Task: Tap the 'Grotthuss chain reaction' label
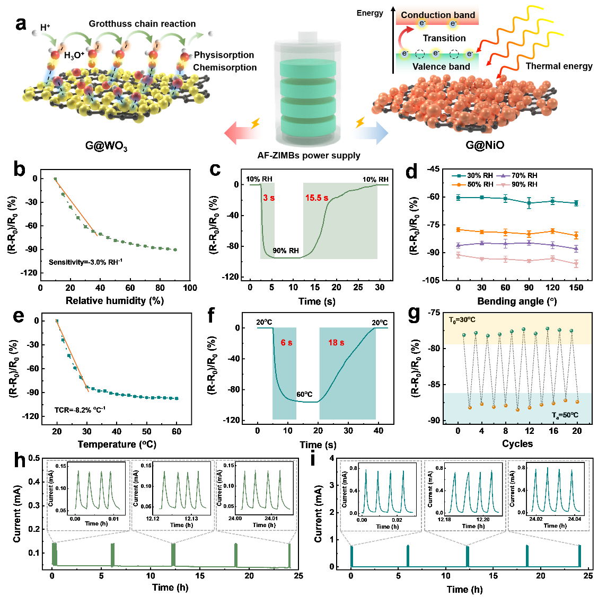tap(142, 24)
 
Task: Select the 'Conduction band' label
tap(438, 15)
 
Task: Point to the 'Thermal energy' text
tap(559, 66)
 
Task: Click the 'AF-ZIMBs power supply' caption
tap(309, 155)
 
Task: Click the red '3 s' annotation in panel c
tap(269, 198)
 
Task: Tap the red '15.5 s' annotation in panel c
tap(316, 198)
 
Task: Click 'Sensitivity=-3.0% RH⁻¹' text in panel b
tap(86, 262)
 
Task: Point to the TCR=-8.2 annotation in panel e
tap(80, 409)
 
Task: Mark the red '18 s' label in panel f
tap(336, 343)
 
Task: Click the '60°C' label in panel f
tap(304, 395)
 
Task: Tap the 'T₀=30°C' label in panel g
tap(462, 320)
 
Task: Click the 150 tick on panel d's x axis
tap(576, 288)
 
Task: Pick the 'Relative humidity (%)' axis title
tap(115, 301)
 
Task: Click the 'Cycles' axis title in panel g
tap(517, 443)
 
